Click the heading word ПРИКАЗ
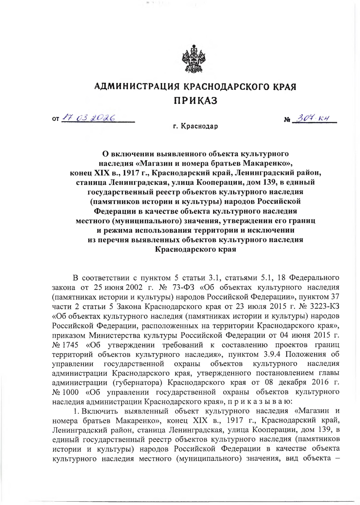[x=195, y=101]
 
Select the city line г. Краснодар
[x=195, y=126]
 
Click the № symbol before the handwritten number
[x=287, y=120]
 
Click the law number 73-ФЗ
[x=184, y=287]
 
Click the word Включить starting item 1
[x=100, y=411]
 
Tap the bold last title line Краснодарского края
[x=195, y=249]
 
